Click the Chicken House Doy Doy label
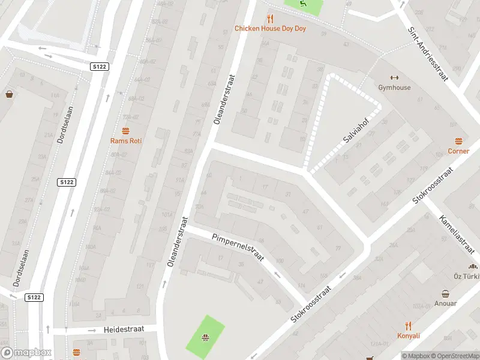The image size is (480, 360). point(270,28)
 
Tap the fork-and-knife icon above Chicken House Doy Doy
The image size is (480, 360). point(271,18)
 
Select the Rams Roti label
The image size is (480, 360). point(125,141)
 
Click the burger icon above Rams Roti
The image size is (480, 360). point(125,131)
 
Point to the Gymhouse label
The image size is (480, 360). point(394,88)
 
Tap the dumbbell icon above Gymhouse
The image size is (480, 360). point(394,77)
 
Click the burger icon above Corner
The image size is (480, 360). point(458,141)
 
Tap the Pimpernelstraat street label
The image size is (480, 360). point(238,247)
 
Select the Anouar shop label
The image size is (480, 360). point(446,304)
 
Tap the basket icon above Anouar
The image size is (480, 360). point(446,293)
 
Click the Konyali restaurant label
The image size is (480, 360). point(408,336)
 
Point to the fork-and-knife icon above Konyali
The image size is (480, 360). point(409,326)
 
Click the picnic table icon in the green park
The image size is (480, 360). point(205,337)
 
